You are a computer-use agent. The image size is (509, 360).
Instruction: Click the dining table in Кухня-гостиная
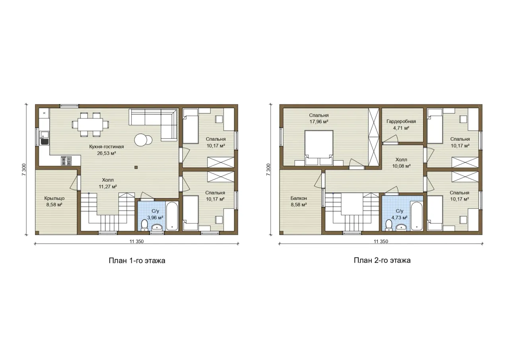(x=90, y=125)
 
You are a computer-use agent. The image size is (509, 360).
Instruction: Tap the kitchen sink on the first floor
(x=44, y=138)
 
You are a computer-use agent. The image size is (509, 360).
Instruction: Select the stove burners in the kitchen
(x=66, y=160)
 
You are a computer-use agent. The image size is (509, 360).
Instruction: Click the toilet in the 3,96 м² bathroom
(x=144, y=225)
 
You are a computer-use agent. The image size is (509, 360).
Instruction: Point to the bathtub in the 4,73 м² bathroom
(x=416, y=216)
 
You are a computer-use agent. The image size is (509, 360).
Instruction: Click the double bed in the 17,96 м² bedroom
(x=319, y=148)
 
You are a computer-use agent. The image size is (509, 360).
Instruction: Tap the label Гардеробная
(x=401, y=121)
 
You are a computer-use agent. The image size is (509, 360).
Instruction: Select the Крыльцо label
(x=54, y=198)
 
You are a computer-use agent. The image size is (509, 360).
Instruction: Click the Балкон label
(x=299, y=198)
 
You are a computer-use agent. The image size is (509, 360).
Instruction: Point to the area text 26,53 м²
(x=107, y=153)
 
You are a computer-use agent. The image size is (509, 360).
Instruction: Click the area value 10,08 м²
(x=401, y=166)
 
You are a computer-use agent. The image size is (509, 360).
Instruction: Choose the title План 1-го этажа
(x=137, y=261)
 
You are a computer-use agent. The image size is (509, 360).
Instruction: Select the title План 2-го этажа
(x=382, y=260)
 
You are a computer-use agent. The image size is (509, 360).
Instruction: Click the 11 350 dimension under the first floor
(x=136, y=241)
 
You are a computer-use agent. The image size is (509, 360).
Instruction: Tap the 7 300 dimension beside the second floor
(x=268, y=169)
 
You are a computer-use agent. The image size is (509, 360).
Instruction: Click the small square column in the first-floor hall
(x=136, y=167)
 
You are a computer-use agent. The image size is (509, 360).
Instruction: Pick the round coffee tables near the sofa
(x=143, y=140)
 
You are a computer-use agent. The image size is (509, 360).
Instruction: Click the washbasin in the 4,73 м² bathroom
(x=401, y=227)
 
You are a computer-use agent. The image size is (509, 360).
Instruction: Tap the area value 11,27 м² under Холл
(x=108, y=187)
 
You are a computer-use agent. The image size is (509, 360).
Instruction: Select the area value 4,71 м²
(x=401, y=128)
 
